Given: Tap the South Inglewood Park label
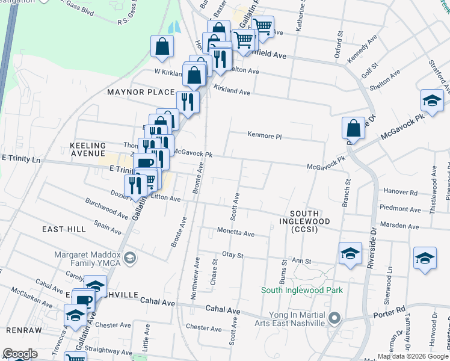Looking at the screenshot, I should [302, 291].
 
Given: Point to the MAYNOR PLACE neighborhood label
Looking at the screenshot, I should [134, 92].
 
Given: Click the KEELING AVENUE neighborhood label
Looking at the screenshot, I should [88, 149].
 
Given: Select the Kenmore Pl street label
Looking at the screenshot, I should [265, 136].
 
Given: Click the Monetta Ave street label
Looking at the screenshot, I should [236, 233].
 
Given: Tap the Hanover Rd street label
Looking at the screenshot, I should [404, 193].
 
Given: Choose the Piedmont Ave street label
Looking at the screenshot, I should [399, 209].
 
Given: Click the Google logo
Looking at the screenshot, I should [20, 354].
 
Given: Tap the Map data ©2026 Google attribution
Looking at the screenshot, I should [411, 356].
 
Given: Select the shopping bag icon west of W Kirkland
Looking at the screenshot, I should [162, 48].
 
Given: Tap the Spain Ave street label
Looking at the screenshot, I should [108, 226].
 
